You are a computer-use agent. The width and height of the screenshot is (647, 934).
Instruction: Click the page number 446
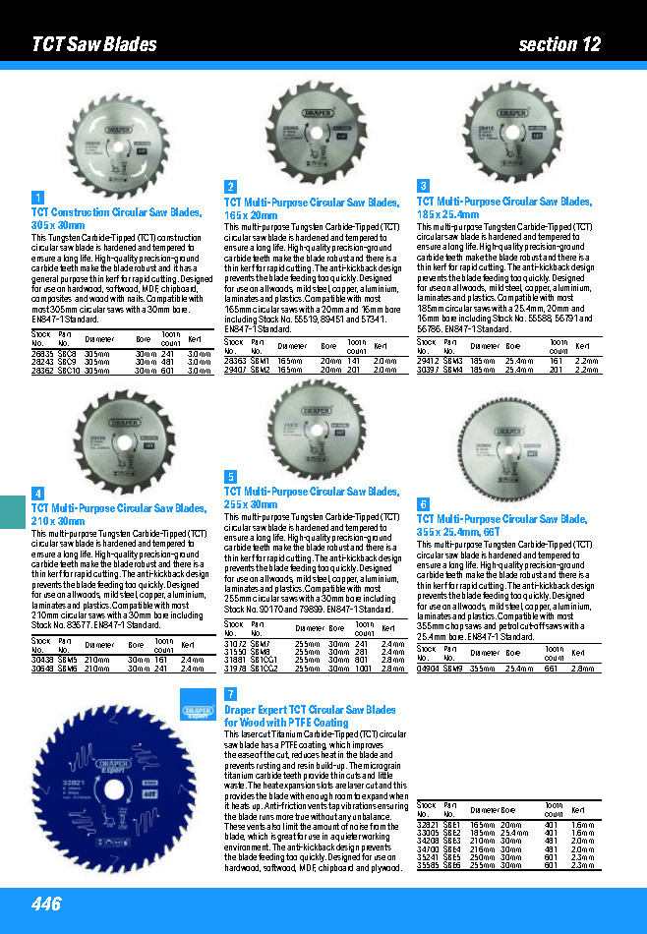coord(46,904)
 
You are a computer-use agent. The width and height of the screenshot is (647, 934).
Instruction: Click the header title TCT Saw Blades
coord(94,44)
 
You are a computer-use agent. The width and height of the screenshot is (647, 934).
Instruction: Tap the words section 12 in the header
coord(559,44)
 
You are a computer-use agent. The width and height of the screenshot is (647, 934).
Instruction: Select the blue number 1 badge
coord(37,197)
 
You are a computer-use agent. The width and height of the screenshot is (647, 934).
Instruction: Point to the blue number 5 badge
coord(230,476)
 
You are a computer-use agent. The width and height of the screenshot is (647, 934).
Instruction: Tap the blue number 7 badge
coord(230,694)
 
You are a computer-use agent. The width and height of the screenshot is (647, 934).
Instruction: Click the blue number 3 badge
coord(423,186)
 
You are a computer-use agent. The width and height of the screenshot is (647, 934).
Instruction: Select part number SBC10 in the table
coord(68,371)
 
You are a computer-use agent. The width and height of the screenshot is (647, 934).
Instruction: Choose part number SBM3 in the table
coord(453,361)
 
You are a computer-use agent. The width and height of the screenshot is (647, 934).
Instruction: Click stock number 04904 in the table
coord(428,668)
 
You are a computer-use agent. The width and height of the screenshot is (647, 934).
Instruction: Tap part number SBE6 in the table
coord(453,865)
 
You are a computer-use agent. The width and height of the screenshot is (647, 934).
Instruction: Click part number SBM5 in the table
coord(67,660)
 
